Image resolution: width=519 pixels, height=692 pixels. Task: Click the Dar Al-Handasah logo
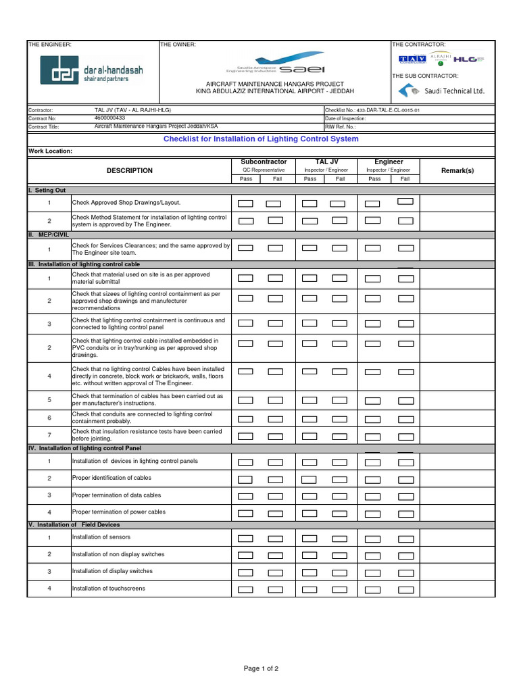coord(91,70)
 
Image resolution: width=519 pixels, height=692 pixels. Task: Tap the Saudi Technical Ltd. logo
coord(442,91)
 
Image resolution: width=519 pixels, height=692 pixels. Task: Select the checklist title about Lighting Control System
coord(261,139)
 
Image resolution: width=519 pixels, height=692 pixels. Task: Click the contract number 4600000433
coord(109,118)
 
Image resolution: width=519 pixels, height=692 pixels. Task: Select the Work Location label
coord(50,151)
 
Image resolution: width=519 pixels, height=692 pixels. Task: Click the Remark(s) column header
coord(458,171)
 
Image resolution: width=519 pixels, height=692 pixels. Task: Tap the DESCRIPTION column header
coord(130,171)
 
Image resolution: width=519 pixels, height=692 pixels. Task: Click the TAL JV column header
coord(326,162)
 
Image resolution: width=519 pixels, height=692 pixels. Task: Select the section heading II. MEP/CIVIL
coord(49,234)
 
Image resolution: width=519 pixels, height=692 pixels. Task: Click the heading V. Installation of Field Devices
coord(74,524)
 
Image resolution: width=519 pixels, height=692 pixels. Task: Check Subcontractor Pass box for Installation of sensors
coord(246,539)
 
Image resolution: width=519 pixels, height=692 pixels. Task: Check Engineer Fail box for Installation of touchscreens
coord(405,589)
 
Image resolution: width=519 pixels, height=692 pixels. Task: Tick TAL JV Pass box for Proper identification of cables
coord(310,480)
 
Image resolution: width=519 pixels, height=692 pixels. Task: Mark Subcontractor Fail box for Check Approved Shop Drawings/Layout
coord(274,203)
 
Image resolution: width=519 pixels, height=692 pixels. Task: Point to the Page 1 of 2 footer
coord(261,668)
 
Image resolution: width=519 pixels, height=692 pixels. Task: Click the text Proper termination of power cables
coord(118,512)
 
